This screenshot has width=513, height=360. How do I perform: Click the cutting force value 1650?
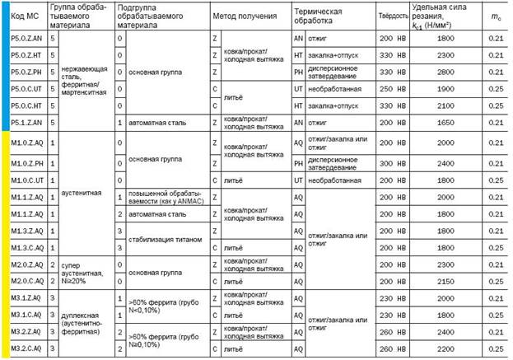pyautogui.click(x=446, y=123)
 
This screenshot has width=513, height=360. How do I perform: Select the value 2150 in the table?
pyautogui.click(x=446, y=281)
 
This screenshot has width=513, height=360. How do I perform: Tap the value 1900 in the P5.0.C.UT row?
pyautogui.click(x=446, y=88)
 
